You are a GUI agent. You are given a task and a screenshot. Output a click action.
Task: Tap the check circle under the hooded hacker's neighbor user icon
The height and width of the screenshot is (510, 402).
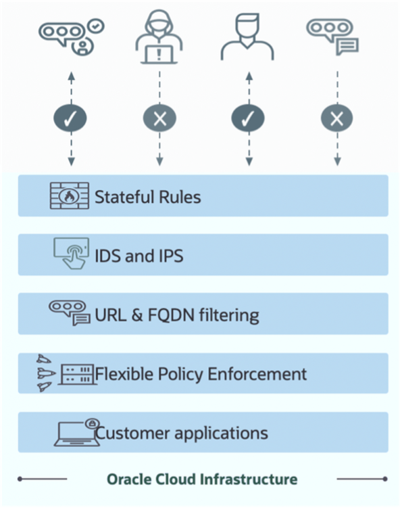pos(248,118)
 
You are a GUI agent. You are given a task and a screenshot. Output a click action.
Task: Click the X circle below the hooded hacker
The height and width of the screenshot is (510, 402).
pos(159,118)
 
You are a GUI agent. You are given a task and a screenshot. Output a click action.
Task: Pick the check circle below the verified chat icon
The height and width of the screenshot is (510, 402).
pos(71,118)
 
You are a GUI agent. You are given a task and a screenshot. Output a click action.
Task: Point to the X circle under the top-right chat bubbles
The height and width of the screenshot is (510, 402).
pos(336,118)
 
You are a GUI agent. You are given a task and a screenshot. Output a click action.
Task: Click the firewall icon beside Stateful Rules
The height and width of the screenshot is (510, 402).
pos(70,196)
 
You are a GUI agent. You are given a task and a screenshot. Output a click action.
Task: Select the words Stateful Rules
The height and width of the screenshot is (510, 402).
pos(147,198)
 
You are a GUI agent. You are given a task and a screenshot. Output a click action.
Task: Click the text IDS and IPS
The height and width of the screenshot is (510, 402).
pos(139,256)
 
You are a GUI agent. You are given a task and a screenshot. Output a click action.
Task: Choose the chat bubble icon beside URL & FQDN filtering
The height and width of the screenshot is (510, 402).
pos(69,313)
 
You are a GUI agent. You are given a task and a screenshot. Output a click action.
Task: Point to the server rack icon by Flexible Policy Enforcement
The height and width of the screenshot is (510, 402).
pos(76,373)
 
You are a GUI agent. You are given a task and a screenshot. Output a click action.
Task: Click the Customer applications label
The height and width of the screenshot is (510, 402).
pos(181,433)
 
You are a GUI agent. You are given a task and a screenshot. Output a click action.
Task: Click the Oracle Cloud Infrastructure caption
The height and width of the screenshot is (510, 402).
pos(201,480)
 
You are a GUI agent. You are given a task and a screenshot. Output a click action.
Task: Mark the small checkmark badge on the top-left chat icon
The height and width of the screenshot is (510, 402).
pos(97,24)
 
